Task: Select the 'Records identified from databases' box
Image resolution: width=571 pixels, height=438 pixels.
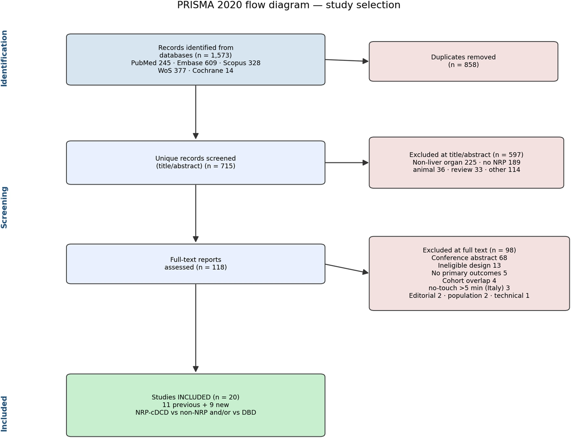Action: coord(195,60)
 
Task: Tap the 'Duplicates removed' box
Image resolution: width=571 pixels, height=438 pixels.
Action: coord(463,61)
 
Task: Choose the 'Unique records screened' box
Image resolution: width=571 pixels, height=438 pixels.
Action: coord(195,162)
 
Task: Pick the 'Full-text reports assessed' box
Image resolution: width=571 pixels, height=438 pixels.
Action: coord(195,264)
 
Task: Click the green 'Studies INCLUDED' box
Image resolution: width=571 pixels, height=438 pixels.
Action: coord(195,405)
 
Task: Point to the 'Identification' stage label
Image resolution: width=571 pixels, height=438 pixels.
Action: coord(4,58)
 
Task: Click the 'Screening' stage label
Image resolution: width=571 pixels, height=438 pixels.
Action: coord(4,207)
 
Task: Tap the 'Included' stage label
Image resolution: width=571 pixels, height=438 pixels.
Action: coord(4,414)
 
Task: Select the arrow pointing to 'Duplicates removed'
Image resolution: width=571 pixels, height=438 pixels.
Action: coord(347,61)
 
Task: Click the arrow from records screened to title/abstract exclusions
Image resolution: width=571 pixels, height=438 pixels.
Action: coord(347,162)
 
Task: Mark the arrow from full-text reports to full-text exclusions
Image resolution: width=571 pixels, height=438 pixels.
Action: coord(347,268)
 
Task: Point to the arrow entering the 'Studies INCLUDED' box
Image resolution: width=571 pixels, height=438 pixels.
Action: coord(195,328)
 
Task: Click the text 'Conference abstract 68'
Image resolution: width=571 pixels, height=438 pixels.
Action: coord(469,258)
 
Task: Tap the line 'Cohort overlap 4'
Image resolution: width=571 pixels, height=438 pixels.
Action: coord(469,281)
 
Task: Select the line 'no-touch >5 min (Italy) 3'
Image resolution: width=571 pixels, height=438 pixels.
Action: coord(469,288)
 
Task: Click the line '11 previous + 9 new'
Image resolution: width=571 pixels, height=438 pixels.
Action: coord(195,405)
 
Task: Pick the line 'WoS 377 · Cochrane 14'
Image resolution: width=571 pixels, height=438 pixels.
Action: coord(195,71)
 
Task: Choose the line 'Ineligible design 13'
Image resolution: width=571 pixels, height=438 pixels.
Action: coord(469,266)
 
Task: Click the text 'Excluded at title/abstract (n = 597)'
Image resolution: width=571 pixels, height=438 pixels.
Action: coord(466,155)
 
